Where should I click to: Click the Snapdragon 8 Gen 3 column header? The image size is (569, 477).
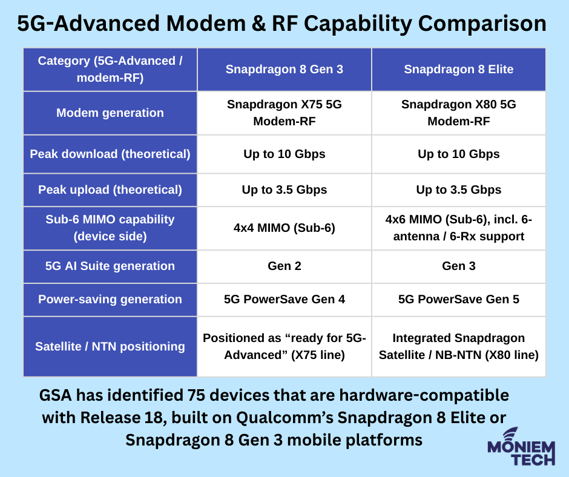[x=284, y=69]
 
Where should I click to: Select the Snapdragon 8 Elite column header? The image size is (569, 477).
[x=459, y=69]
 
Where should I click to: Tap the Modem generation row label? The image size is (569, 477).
[x=110, y=113]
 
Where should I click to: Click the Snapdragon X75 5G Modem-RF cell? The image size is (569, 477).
[x=284, y=113]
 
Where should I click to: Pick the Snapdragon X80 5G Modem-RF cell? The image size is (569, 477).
[x=459, y=113]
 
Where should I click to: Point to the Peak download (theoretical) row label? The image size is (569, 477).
[x=110, y=154]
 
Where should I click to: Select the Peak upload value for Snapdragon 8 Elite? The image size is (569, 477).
[x=459, y=189]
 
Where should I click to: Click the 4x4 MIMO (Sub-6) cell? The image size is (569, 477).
[x=284, y=228]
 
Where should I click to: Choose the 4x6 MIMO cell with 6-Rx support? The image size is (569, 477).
[x=459, y=228]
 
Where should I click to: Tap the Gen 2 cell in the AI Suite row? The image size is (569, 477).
[x=284, y=266]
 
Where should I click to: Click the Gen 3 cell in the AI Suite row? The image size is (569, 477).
[x=459, y=266]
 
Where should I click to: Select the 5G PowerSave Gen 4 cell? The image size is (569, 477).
[x=284, y=299]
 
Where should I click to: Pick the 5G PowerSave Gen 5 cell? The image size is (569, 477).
[x=459, y=299]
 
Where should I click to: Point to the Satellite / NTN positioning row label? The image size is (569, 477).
[x=110, y=346]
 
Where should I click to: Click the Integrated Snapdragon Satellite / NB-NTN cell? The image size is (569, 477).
[x=459, y=346]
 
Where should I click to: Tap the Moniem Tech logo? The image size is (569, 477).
[x=521, y=447]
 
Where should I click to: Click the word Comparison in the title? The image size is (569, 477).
[x=482, y=24]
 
